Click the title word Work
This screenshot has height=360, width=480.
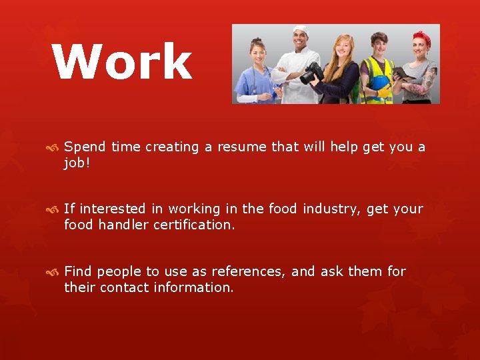pyautogui.click(x=123, y=61)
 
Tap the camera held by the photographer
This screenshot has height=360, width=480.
pyautogui.click(x=312, y=73)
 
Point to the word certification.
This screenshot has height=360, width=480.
pyautogui.click(x=194, y=225)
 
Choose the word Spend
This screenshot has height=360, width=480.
pyautogui.click(x=85, y=147)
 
